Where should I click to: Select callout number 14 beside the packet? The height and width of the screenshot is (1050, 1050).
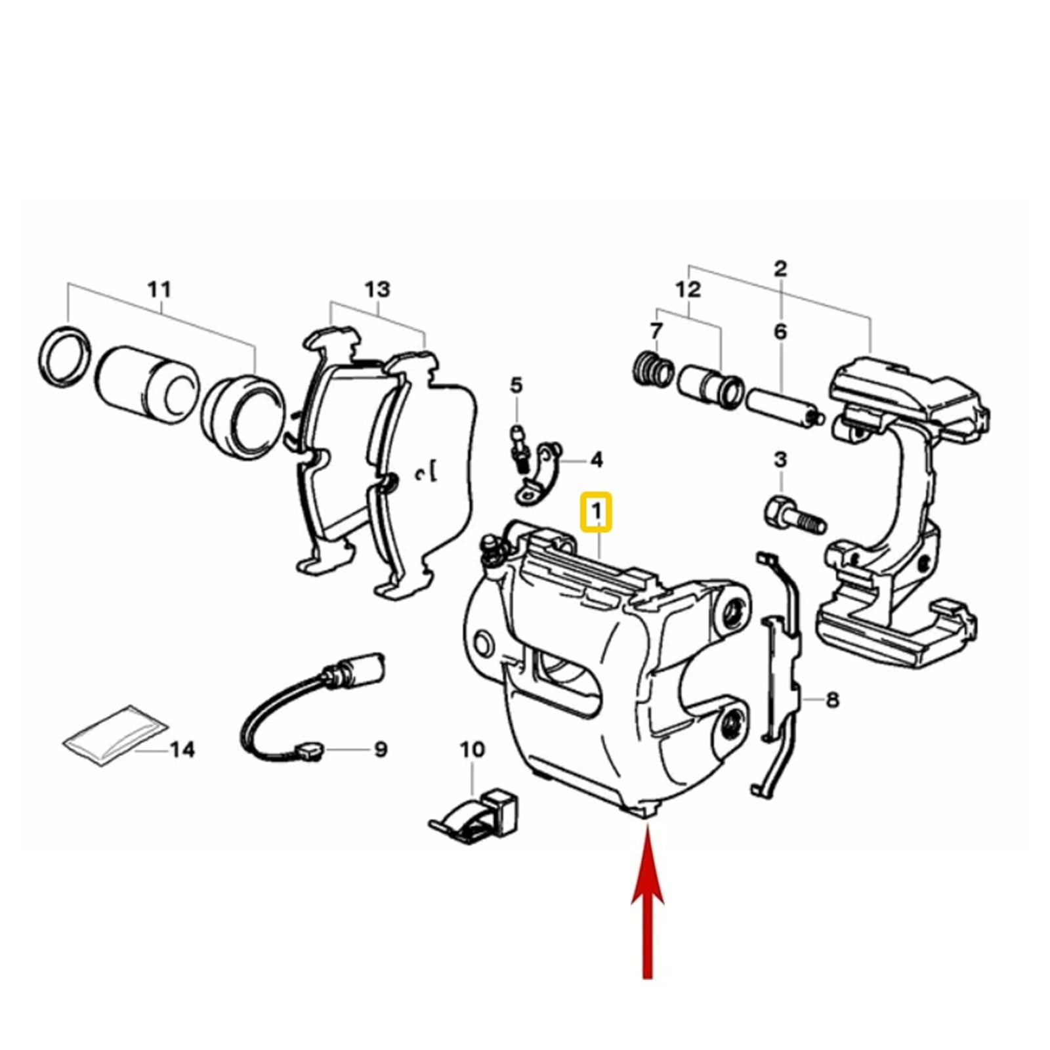pos(182,749)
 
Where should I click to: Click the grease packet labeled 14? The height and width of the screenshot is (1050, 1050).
pos(115,735)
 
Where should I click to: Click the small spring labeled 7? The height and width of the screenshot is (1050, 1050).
pos(654,369)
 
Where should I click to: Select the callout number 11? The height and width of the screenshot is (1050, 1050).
pos(159,289)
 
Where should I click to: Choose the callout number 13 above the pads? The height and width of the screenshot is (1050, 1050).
pos(377,289)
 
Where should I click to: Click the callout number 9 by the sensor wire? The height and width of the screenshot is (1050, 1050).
pos(381,749)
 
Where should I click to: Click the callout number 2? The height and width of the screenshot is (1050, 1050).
pos(780,268)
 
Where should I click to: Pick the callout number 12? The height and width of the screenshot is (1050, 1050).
pos(688,289)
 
